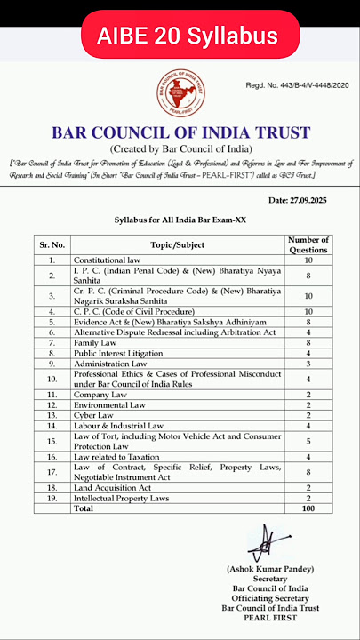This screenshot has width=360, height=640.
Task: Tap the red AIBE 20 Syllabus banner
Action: click(x=180, y=36)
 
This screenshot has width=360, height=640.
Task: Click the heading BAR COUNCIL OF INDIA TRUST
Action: click(x=180, y=133)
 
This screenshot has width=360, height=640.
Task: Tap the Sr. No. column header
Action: click(x=52, y=244)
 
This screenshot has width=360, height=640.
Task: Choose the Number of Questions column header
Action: click(x=308, y=244)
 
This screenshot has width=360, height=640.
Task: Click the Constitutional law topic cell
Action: click(x=112, y=260)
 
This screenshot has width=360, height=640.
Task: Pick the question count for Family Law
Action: click(x=308, y=342)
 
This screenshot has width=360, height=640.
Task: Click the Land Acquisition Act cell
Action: click(x=114, y=488)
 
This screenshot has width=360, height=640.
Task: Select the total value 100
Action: click(x=308, y=509)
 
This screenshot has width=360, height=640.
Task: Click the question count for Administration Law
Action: click(x=308, y=364)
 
